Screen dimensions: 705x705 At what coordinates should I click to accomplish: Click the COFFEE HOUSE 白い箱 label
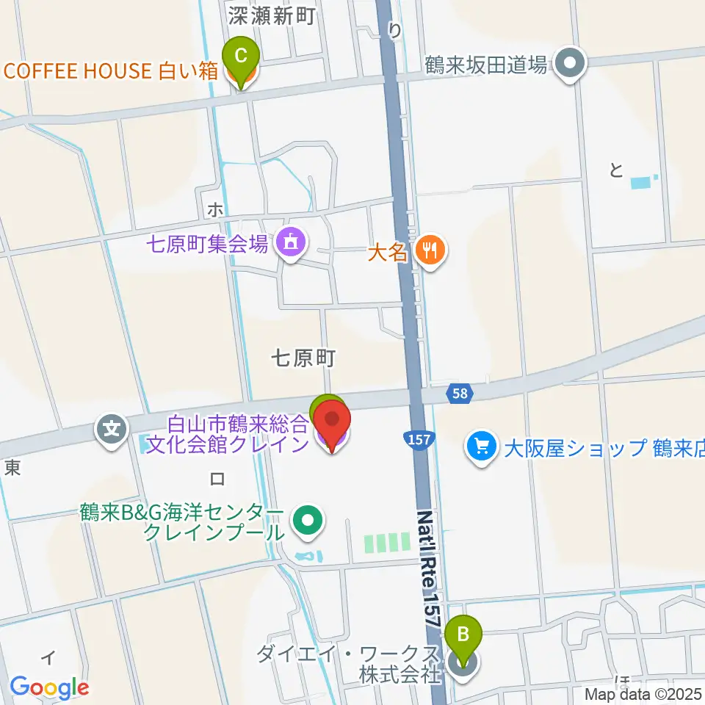click(x=111, y=71)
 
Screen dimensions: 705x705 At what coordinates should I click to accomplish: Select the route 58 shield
click(x=460, y=394)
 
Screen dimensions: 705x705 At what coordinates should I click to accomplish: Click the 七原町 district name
click(x=303, y=358)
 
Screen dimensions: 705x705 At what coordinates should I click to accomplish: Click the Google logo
click(x=49, y=687)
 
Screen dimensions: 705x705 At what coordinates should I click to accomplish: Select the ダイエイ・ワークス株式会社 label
click(x=348, y=664)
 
